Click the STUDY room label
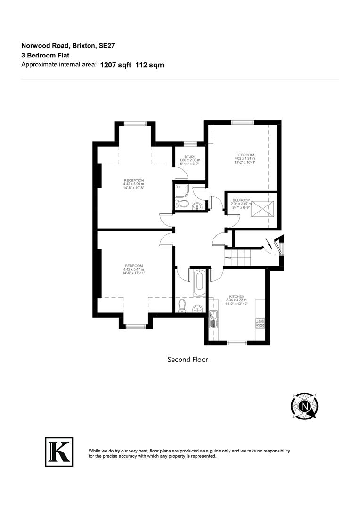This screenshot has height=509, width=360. pyautogui.click(x=190, y=156)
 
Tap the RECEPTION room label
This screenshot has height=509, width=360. pyautogui.click(x=134, y=181)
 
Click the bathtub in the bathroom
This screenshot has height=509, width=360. pyautogui.click(x=199, y=282)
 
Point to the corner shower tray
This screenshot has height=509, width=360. pyautogui.click(x=181, y=190)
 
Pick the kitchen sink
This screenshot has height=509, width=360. pyautogui.click(x=213, y=320)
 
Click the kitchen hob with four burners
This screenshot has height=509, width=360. pyautogui.click(x=260, y=323)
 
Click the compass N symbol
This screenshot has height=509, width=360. pyautogui.click(x=304, y=405)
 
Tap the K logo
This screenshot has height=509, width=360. pyautogui.click(x=59, y=452)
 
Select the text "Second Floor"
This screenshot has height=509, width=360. pyautogui.click(x=188, y=359)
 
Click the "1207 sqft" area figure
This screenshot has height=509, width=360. pyautogui.click(x=116, y=66)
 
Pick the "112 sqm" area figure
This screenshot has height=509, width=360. pyautogui.click(x=149, y=66)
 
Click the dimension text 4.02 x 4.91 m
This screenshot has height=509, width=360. pyautogui.click(x=245, y=159)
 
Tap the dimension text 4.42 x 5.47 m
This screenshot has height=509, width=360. pyautogui.click(x=134, y=270)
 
